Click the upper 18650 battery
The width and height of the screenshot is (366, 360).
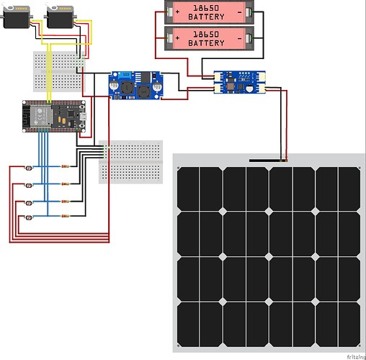tap(209, 12)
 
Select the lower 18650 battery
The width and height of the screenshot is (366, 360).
tap(209, 38)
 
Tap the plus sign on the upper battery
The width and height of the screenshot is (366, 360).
tap(177, 12)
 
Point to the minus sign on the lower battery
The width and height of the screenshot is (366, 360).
tap(239, 38)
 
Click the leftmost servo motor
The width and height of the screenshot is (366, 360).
tap(17, 17)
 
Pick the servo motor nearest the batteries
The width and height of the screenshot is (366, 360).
tap(60, 17)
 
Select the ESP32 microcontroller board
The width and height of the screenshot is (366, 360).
tap(54, 117)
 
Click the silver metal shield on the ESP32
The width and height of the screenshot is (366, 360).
tap(40, 116)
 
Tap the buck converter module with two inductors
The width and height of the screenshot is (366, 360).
tap(136, 85)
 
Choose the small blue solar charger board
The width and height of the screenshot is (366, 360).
tap(240, 82)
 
